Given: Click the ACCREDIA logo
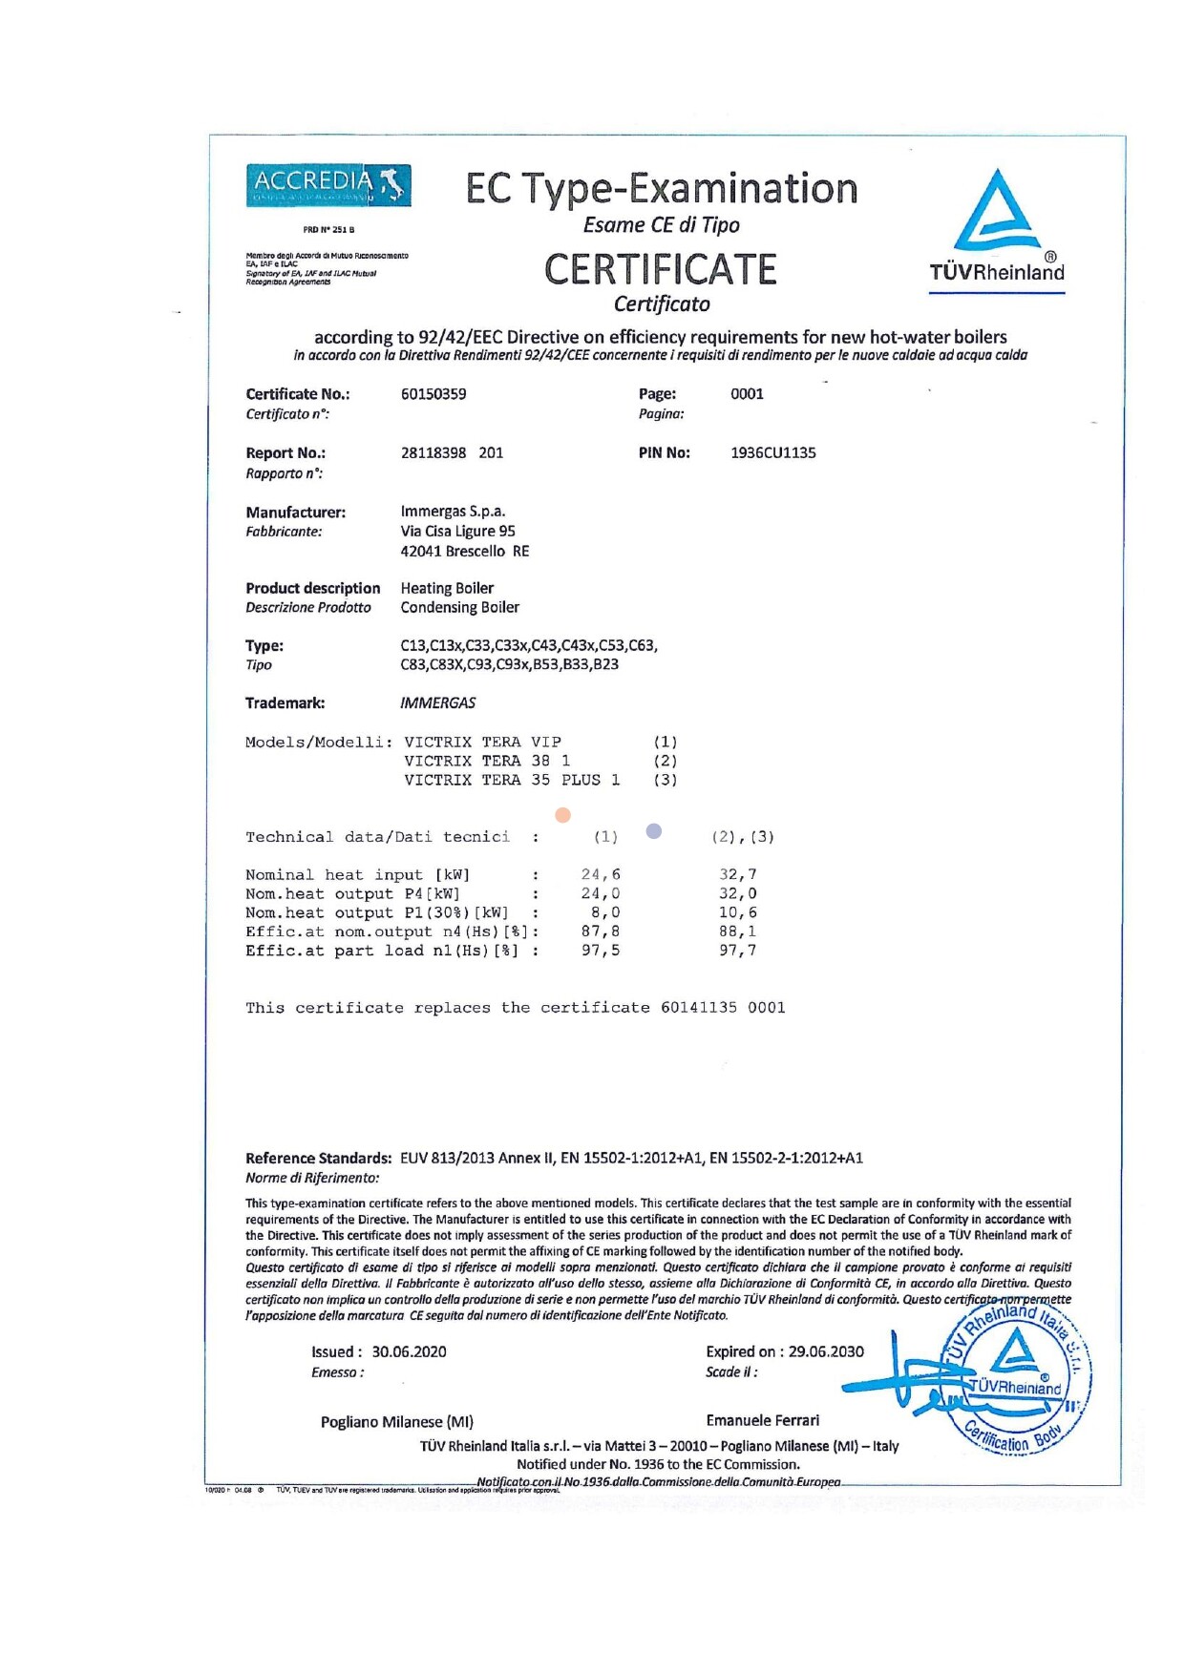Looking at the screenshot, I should (x=328, y=185).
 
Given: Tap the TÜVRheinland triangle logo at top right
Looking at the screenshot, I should (x=997, y=212).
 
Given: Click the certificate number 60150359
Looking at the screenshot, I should (x=433, y=394).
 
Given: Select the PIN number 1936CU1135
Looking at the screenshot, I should (x=772, y=453).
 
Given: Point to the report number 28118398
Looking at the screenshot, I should (x=433, y=453).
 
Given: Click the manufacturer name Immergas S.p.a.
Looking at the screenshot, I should (x=453, y=512).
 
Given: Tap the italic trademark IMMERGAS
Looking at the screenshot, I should (x=437, y=703).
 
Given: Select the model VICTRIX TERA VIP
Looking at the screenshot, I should (x=482, y=742).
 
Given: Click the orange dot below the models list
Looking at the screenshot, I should (x=563, y=815).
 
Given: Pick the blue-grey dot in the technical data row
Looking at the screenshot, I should (x=654, y=831).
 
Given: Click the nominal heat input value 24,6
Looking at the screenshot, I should (x=601, y=874).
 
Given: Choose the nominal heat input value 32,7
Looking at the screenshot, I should (x=737, y=874).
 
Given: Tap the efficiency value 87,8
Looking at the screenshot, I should (x=601, y=932).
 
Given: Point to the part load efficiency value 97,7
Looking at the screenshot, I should (x=737, y=951).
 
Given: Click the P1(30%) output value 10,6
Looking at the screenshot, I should (x=737, y=912).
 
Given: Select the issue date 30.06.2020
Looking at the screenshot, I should (x=409, y=1352).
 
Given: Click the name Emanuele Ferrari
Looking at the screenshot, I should (x=762, y=1421).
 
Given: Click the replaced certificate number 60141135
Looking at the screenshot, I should (x=698, y=1008).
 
